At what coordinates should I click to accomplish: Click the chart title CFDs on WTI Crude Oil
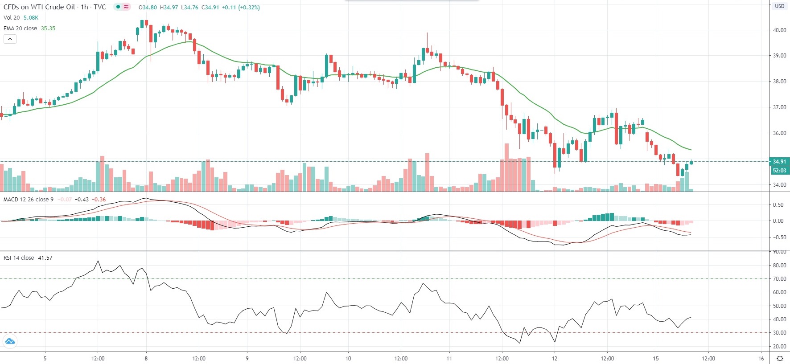point(39,7)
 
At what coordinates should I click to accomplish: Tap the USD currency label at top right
point(779,6)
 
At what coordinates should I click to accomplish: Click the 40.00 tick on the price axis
point(779,30)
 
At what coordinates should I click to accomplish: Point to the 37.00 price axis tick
point(779,107)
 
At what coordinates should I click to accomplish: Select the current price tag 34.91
point(779,162)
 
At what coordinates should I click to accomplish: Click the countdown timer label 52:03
point(779,171)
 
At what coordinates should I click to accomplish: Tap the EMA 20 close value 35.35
point(48,29)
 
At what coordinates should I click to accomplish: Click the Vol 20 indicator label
point(12,18)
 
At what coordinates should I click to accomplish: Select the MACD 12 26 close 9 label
point(29,200)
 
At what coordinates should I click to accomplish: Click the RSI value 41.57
point(45,258)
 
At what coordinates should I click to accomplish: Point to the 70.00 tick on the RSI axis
point(779,279)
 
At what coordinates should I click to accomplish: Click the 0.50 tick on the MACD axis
point(778,205)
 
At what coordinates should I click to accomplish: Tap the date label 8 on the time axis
point(146,358)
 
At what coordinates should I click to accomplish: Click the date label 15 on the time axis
point(656,358)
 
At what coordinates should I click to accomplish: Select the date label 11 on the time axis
point(449,358)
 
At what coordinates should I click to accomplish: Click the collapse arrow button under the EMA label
point(10,39)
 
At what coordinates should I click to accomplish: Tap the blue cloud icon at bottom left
point(10,342)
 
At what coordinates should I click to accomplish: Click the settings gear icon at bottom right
point(780,358)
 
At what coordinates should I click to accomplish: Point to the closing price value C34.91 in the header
point(210,8)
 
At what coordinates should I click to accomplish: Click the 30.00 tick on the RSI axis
point(779,333)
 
